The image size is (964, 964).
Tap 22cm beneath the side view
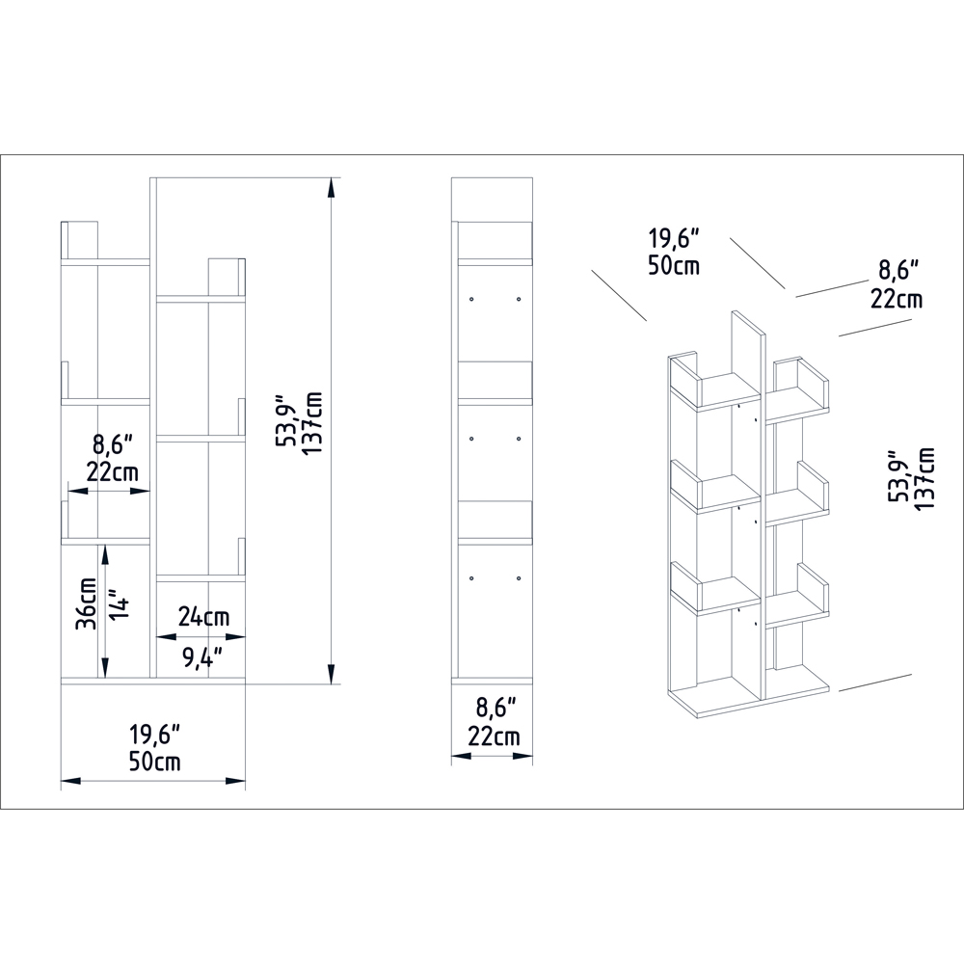pyautogui.click(x=494, y=737)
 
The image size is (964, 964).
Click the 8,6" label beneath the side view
pyautogui.click(x=494, y=709)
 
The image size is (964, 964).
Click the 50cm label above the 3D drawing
pyautogui.click(x=674, y=265)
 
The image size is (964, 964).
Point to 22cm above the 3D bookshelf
pyautogui.click(x=897, y=298)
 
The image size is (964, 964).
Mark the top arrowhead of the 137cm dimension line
pyautogui.click(x=334, y=185)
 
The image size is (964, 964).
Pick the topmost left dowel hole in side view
pyautogui.click(x=471, y=299)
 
